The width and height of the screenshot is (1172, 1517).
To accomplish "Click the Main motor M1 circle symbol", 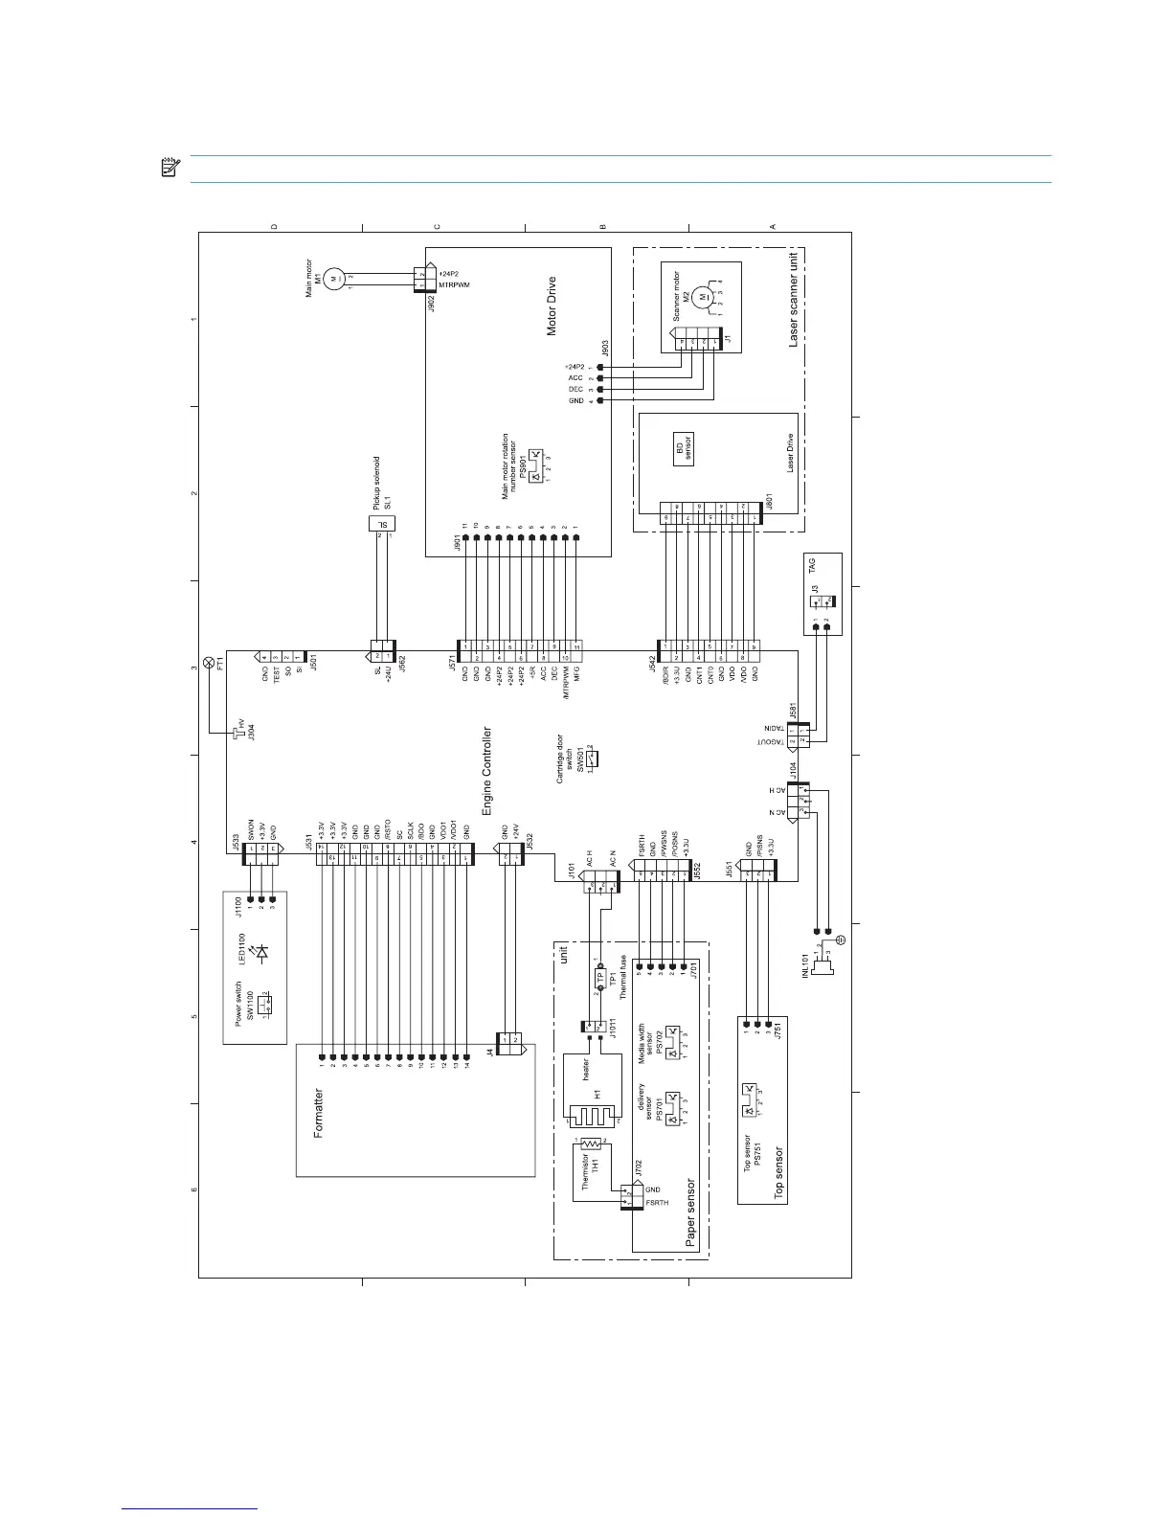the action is pos(333,279).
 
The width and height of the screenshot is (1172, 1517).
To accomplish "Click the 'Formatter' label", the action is pos(319,1112).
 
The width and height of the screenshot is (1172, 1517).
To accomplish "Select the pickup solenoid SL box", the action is pos(383,524).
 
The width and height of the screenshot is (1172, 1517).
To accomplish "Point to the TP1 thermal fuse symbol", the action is pos(601,979).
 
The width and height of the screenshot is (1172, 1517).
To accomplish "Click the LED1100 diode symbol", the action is pos(263,951).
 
